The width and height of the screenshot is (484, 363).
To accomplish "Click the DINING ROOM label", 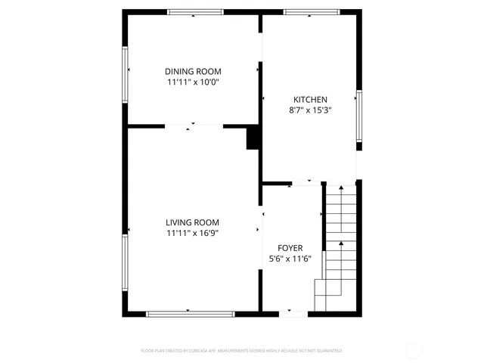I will click(194, 71).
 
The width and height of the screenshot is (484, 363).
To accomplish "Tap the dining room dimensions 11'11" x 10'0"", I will click(194, 82).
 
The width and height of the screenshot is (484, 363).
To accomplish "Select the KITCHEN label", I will click(310, 99).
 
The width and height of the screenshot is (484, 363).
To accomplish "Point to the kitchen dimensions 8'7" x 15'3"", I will click(310, 110).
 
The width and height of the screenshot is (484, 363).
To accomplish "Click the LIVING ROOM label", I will click(193, 222).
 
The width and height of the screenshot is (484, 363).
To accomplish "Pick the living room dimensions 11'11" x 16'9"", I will click(193, 233).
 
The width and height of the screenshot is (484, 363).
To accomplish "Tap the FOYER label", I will click(290, 248).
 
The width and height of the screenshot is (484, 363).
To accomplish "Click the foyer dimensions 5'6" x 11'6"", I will click(290, 259).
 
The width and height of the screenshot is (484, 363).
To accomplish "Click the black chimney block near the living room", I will click(253, 138).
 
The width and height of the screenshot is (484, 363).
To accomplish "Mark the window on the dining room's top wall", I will click(195, 11).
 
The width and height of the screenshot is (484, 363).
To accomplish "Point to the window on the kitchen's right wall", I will click(359, 115).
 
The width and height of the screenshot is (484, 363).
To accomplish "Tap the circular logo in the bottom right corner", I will click(414, 350).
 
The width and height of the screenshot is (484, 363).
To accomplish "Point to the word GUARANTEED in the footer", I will click(328, 351).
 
